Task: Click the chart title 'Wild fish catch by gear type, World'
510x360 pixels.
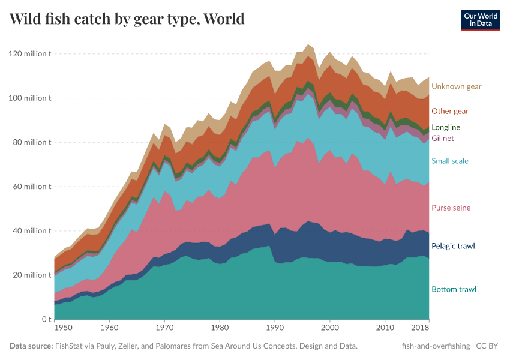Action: click(127, 19)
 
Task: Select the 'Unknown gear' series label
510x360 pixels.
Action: click(456, 86)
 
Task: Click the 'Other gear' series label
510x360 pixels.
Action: click(449, 111)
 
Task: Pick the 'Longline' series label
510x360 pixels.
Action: click(446, 127)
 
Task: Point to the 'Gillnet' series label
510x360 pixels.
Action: click(443, 138)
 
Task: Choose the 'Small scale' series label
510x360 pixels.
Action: click(449, 161)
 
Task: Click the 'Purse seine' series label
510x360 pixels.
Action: click(451, 208)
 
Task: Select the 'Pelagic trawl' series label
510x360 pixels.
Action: click(453, 246)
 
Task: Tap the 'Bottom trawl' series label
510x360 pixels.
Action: click(454, 289)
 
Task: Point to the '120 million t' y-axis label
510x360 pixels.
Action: click(30, 54)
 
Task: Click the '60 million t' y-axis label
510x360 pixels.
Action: click(32, 187)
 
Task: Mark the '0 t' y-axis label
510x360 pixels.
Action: click(46, 319)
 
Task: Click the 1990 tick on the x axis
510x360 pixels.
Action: click(274, 328)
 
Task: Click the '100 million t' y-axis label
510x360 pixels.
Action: click(30, 98)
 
